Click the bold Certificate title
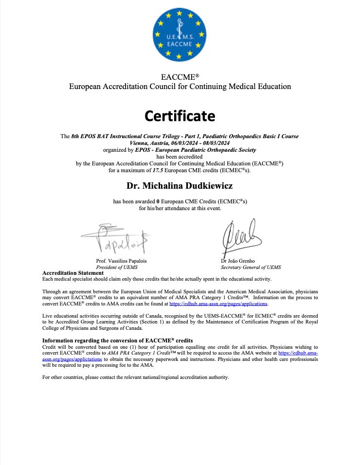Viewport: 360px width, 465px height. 180,116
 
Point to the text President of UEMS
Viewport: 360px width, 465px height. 115,267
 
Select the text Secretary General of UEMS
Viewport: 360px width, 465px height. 251,267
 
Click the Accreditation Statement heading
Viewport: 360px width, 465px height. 73,273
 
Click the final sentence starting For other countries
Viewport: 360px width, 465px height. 135,377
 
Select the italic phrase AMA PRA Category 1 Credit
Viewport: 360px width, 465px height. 132,353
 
